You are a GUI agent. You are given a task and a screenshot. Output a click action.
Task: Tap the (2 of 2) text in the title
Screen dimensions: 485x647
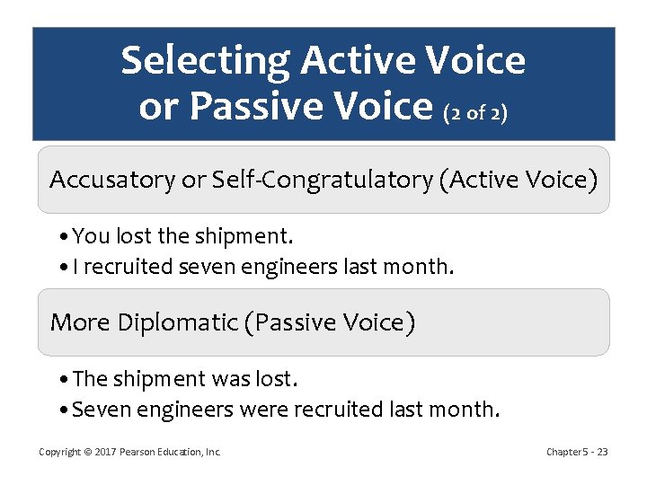coord(475,113)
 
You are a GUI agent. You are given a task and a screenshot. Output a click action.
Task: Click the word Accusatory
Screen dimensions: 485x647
coord(112,180)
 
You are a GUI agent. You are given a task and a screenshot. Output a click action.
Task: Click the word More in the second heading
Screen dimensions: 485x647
coord(80,322)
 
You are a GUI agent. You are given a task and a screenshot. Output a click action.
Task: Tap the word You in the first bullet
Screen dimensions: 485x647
coord(87,236)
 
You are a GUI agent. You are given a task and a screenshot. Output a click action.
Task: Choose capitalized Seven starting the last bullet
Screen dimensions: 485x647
coord(97,410)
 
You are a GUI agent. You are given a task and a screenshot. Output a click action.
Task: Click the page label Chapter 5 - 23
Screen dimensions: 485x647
coord(577,452)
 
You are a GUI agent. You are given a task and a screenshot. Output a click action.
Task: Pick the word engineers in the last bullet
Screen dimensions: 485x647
coord(173,410)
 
